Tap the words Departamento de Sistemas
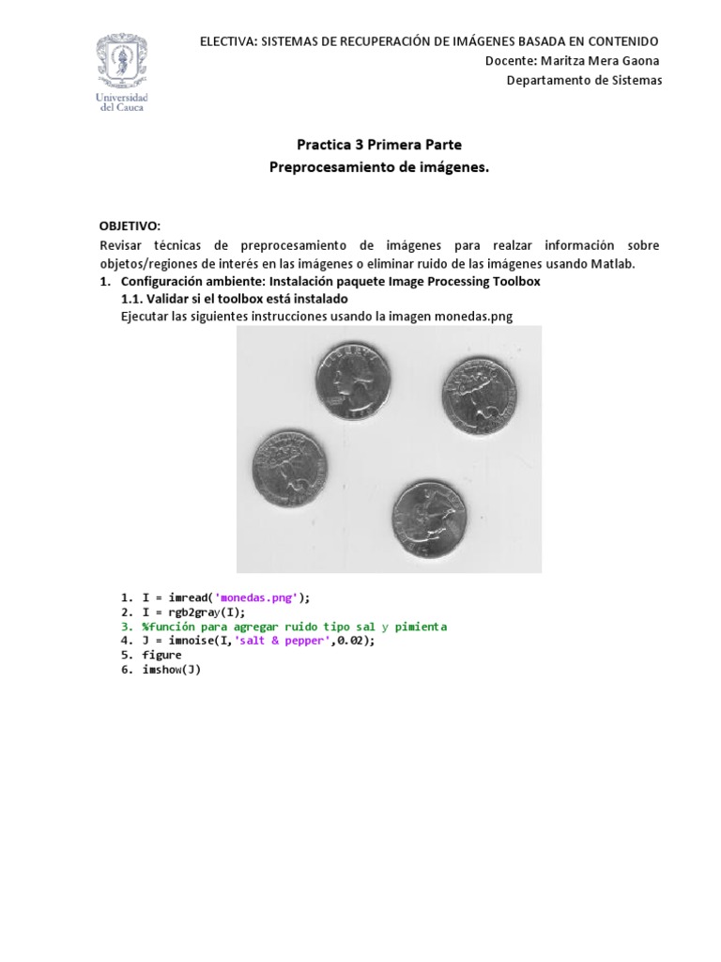tap(584, 80)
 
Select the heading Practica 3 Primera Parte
tap(379, 145)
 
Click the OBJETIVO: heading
tap(130, 226)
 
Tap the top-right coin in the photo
tap(479, 393)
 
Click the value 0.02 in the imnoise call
tap(351, 641)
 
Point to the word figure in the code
tap(161, 655)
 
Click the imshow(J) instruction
tap(172, 670)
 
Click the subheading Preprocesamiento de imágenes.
tap(379, 167)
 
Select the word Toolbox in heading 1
tap(516, 281)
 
